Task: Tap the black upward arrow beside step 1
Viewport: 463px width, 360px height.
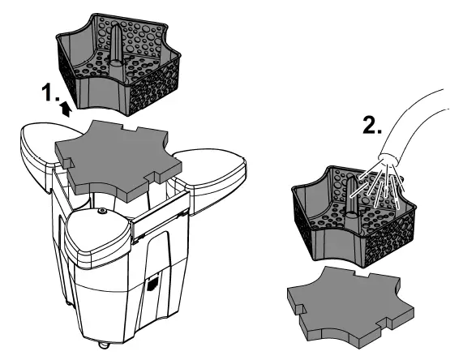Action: [66, 109]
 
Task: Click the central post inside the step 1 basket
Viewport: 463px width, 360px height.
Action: [115, 45]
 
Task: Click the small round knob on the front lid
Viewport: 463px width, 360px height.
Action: [102, 211]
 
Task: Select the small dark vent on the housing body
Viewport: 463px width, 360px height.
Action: [153, 284]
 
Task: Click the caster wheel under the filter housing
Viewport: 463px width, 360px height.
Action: [104, 345]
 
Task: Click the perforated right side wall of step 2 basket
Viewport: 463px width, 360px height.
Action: [390, 236]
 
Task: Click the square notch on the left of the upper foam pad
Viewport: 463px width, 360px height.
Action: [68, 162]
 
